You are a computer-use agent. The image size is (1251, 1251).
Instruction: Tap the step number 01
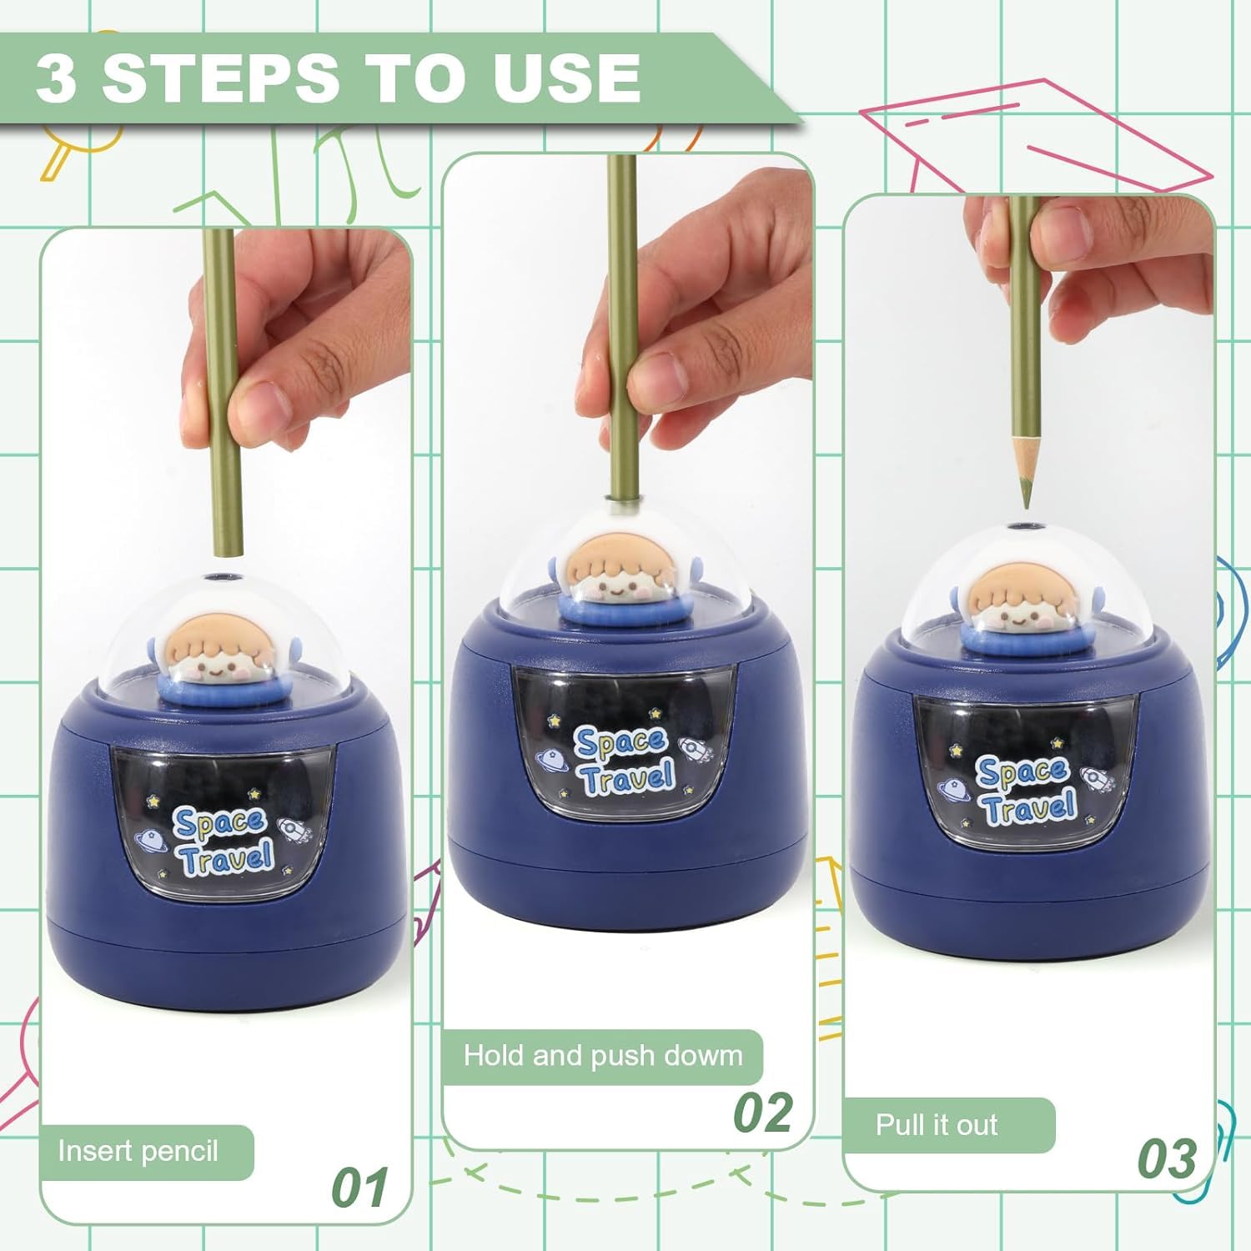(x=360, y=1188)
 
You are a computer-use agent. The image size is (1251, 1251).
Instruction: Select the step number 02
(x=762, y=1113)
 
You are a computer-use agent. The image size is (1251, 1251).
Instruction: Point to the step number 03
(x=1168, y=1158)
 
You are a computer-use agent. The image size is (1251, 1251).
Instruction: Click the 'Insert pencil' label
(x=138, y=1152)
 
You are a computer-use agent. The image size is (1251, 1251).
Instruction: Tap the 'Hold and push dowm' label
(x=602, y=1056)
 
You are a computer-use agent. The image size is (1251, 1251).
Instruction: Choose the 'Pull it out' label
(x=936, y=1125)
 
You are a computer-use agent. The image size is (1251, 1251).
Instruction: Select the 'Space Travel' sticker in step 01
(x=222, y=842)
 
